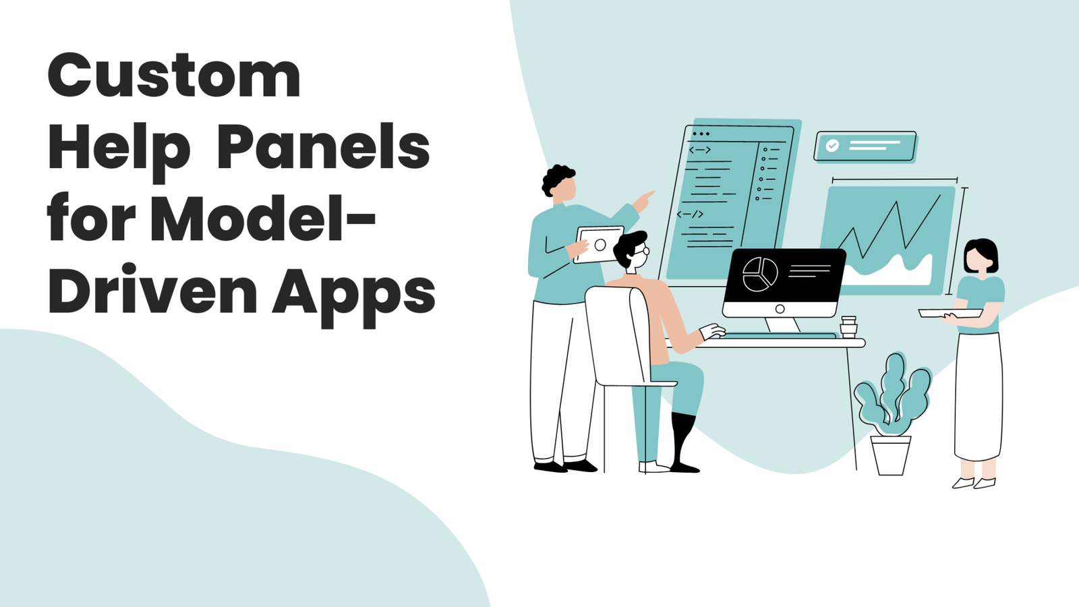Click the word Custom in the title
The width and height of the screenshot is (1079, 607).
coord(174,76)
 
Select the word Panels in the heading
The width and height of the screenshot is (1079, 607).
coord(323,146)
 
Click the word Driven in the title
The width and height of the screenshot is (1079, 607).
coord(152,291)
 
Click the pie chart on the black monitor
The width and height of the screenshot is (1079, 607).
coord(760,274)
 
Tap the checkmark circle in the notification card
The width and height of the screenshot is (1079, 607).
coord(832,146)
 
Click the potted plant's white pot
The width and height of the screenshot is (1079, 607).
coord(890,455)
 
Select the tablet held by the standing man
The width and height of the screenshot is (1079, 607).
coord(599,245)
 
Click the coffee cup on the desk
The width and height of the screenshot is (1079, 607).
coord(849,326)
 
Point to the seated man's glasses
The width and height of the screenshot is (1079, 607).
coord(642,251)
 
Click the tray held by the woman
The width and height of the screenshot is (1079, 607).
coord(950,313)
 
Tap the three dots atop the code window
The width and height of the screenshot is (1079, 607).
coord(701,134)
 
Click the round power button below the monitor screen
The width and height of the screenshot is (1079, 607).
coord(780,309)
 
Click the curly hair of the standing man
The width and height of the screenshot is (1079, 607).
coord(556,178)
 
